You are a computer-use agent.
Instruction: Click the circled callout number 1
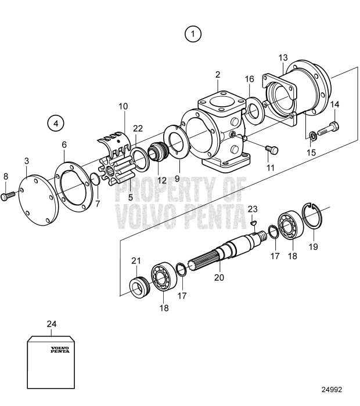(193, 34)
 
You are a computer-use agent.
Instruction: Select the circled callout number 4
(56, 124)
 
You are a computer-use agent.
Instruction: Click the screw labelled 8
(8, 197)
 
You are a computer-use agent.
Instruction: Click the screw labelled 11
(271, 150)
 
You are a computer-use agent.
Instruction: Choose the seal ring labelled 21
(138, 287)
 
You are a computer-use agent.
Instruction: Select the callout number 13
(283, 58)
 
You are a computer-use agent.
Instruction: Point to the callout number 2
(218, 75)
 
